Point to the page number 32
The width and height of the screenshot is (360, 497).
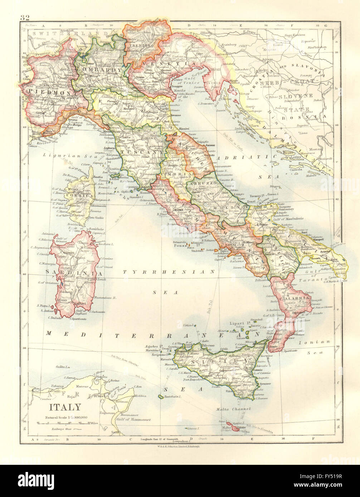coord(25,18)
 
